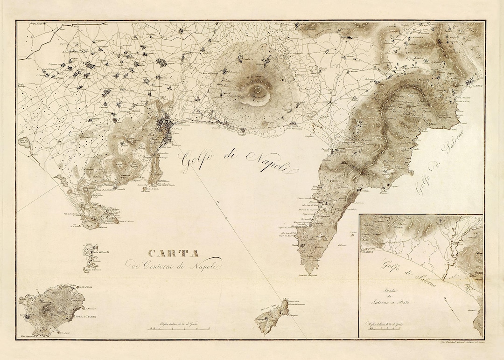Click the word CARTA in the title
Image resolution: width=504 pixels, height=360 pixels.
174,254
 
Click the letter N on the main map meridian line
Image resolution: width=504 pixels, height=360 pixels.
217,202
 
